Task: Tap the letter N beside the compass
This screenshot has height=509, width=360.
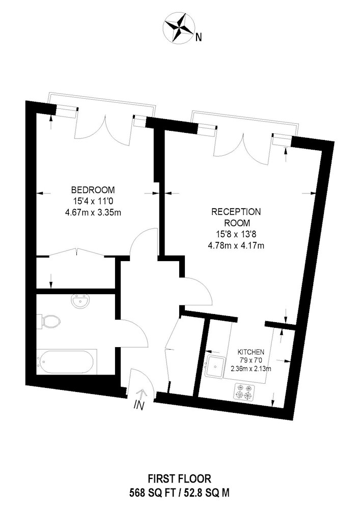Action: pos(199,38)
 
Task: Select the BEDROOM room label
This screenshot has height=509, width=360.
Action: pos(93,189)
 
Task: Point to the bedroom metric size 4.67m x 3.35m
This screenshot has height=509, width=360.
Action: pos(93,213)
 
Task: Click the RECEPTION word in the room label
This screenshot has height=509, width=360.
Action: pos(236,212)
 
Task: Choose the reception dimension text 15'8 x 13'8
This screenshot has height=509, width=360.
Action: pos(236,234)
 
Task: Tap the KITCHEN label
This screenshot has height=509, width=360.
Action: pos(251,352)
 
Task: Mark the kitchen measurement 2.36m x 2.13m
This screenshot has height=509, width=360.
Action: pos(251,369)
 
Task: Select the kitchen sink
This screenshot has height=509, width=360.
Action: pos(214,366)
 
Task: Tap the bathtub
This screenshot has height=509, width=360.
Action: pos(67,361)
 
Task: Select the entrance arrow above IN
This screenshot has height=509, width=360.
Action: pos(142,393)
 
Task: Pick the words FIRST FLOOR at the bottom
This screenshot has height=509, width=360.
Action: pos(180,478)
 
